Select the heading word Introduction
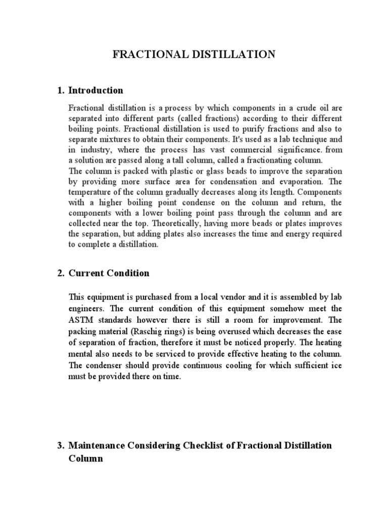[95, 91]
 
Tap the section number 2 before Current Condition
[60, 273]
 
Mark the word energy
[301, 234]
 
